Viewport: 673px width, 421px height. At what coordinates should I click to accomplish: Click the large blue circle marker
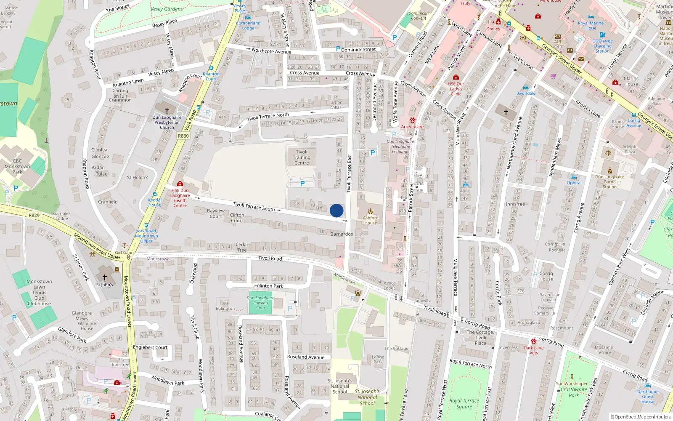(x=336, y=210)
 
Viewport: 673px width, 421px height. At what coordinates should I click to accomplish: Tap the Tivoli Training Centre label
(x=302, y=157)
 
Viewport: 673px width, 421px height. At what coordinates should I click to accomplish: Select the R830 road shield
(x=183, y=136)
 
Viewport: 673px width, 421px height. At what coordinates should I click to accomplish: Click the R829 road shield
(x=34, y=215)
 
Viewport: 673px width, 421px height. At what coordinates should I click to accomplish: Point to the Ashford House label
(x=371, y=220)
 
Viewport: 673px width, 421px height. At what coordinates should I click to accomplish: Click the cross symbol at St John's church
(x=105, y=277)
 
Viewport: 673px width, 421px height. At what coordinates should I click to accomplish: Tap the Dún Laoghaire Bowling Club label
(x=260, y=303)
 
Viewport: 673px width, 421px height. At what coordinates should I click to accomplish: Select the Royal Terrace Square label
(x=464, y=403)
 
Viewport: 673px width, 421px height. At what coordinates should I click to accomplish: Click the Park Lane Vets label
(x=534, y=350)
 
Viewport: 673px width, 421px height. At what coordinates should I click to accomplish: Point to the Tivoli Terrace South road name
(x=254, y=206)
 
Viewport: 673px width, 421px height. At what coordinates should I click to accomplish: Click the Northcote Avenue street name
(x=271, y=51)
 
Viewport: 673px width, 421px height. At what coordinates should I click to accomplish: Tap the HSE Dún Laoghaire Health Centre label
(x=180, y=198)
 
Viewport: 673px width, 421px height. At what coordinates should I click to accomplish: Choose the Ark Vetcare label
(x=412, y=126)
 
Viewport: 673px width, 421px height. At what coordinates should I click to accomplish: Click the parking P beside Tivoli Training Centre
(x=302, y=184)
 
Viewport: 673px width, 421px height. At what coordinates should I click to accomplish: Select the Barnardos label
(x=342, y=234)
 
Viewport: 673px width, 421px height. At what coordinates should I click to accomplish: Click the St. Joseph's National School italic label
(x=367, y=397)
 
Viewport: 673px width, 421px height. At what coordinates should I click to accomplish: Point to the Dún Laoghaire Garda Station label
(x=609, y=181)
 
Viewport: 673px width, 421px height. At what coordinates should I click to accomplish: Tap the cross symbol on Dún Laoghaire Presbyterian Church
(x=167, y=110)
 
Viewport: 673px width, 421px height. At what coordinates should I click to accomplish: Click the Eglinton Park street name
(x=269, y=286)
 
